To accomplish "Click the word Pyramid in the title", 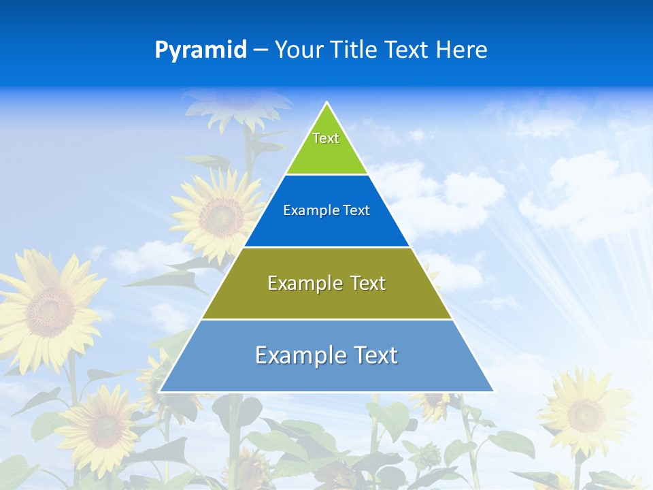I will (x=200, y=50).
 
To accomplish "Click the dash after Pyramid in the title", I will (x=260, y=50).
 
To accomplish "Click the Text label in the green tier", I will (x=326, y=138).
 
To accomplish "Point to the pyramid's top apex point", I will (x=326, y=103).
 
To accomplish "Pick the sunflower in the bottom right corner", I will (x=585, y=412).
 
